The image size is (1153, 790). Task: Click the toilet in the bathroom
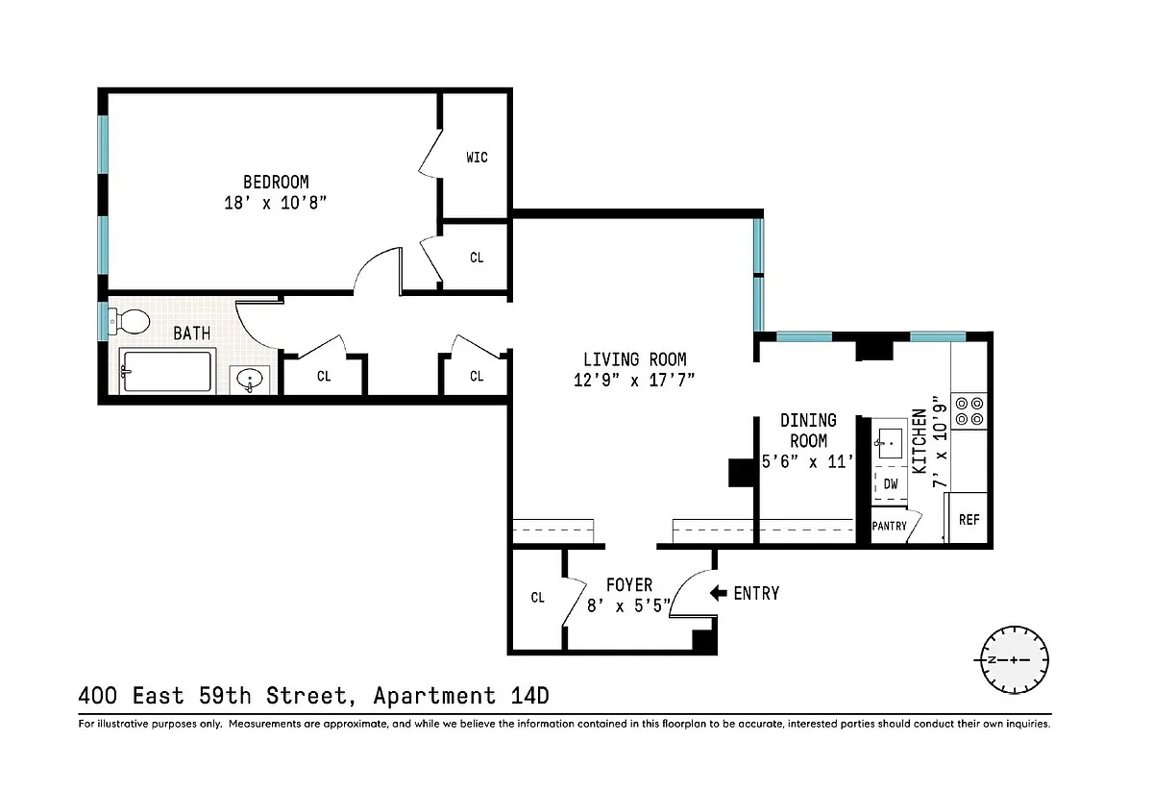[129, 322]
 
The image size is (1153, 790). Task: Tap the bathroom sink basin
[250, 380]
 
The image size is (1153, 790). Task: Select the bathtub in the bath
[167, 371]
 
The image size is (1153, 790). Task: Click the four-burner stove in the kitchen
[969, 411]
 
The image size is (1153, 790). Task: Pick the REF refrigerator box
[968, 518]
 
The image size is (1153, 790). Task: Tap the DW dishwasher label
[891, 484]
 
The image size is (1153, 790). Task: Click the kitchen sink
[890, 443]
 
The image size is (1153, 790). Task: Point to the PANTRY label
[889, 527]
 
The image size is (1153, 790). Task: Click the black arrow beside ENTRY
[718, 593]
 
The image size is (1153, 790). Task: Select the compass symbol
[1014, 660]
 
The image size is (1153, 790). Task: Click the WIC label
[477, 158]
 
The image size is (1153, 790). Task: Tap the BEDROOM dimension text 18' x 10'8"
[276, 203]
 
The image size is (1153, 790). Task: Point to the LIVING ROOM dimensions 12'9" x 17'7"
[634, 381]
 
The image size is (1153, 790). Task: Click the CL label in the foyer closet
[537, 598]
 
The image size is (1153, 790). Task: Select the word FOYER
[629, 585]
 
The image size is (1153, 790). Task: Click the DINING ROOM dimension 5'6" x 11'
[807, 461]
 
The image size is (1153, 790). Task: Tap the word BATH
[191, 333]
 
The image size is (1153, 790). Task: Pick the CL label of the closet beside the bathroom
[324, 377]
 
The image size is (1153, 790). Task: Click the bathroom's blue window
[104, 321]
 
